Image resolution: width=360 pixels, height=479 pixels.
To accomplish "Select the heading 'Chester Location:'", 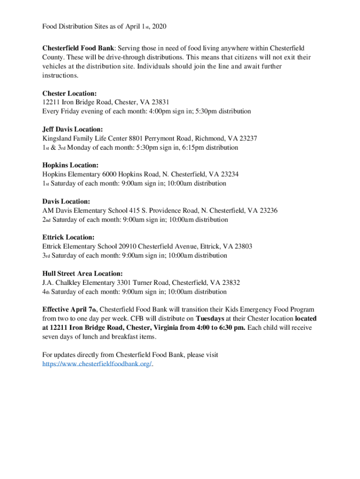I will (x=70, y=94).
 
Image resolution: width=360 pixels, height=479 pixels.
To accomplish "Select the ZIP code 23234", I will (x=229, y=174).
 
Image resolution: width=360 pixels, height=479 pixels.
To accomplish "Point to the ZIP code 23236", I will (x=267, y=210).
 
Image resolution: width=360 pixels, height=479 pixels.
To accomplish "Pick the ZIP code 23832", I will (x=230, y=283).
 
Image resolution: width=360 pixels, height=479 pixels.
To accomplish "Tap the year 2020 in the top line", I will (x=158, y=27).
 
